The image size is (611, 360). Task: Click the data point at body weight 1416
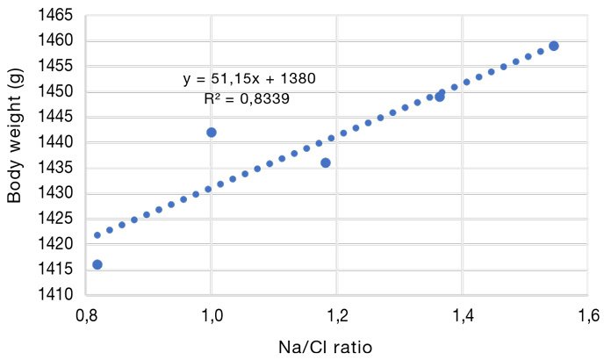[97, 264]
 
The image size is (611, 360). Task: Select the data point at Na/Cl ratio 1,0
[211, 133]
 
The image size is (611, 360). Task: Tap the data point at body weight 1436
[326, 162]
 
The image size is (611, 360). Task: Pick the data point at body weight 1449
[440, 97]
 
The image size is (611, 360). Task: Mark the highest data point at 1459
[554, 46]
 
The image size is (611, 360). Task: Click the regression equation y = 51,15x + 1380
[248, 79]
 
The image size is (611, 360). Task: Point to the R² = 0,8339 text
[247, 99]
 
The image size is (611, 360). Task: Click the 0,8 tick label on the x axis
[86, 315]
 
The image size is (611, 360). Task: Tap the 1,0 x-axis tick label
[211, 315]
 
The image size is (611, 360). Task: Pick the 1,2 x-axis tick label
[336, 315]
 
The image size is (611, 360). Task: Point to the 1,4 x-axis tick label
[462, 315]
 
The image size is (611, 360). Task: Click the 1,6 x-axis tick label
[586, 315]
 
